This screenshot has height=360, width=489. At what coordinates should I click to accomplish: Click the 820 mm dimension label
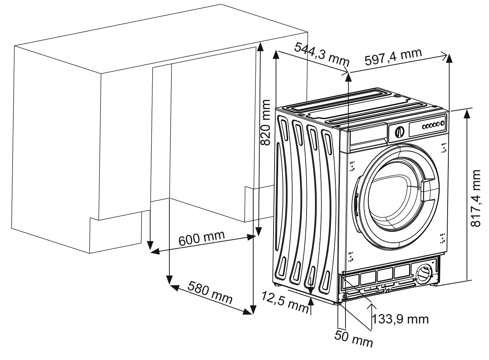(266, 122)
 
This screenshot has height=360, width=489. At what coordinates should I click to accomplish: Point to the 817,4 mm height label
(475, 198)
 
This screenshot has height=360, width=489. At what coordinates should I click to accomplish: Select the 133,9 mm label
(400, 319)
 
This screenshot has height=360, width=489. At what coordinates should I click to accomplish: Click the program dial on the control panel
(400, 131)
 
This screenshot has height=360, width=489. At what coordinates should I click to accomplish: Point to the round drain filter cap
(423, 273)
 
